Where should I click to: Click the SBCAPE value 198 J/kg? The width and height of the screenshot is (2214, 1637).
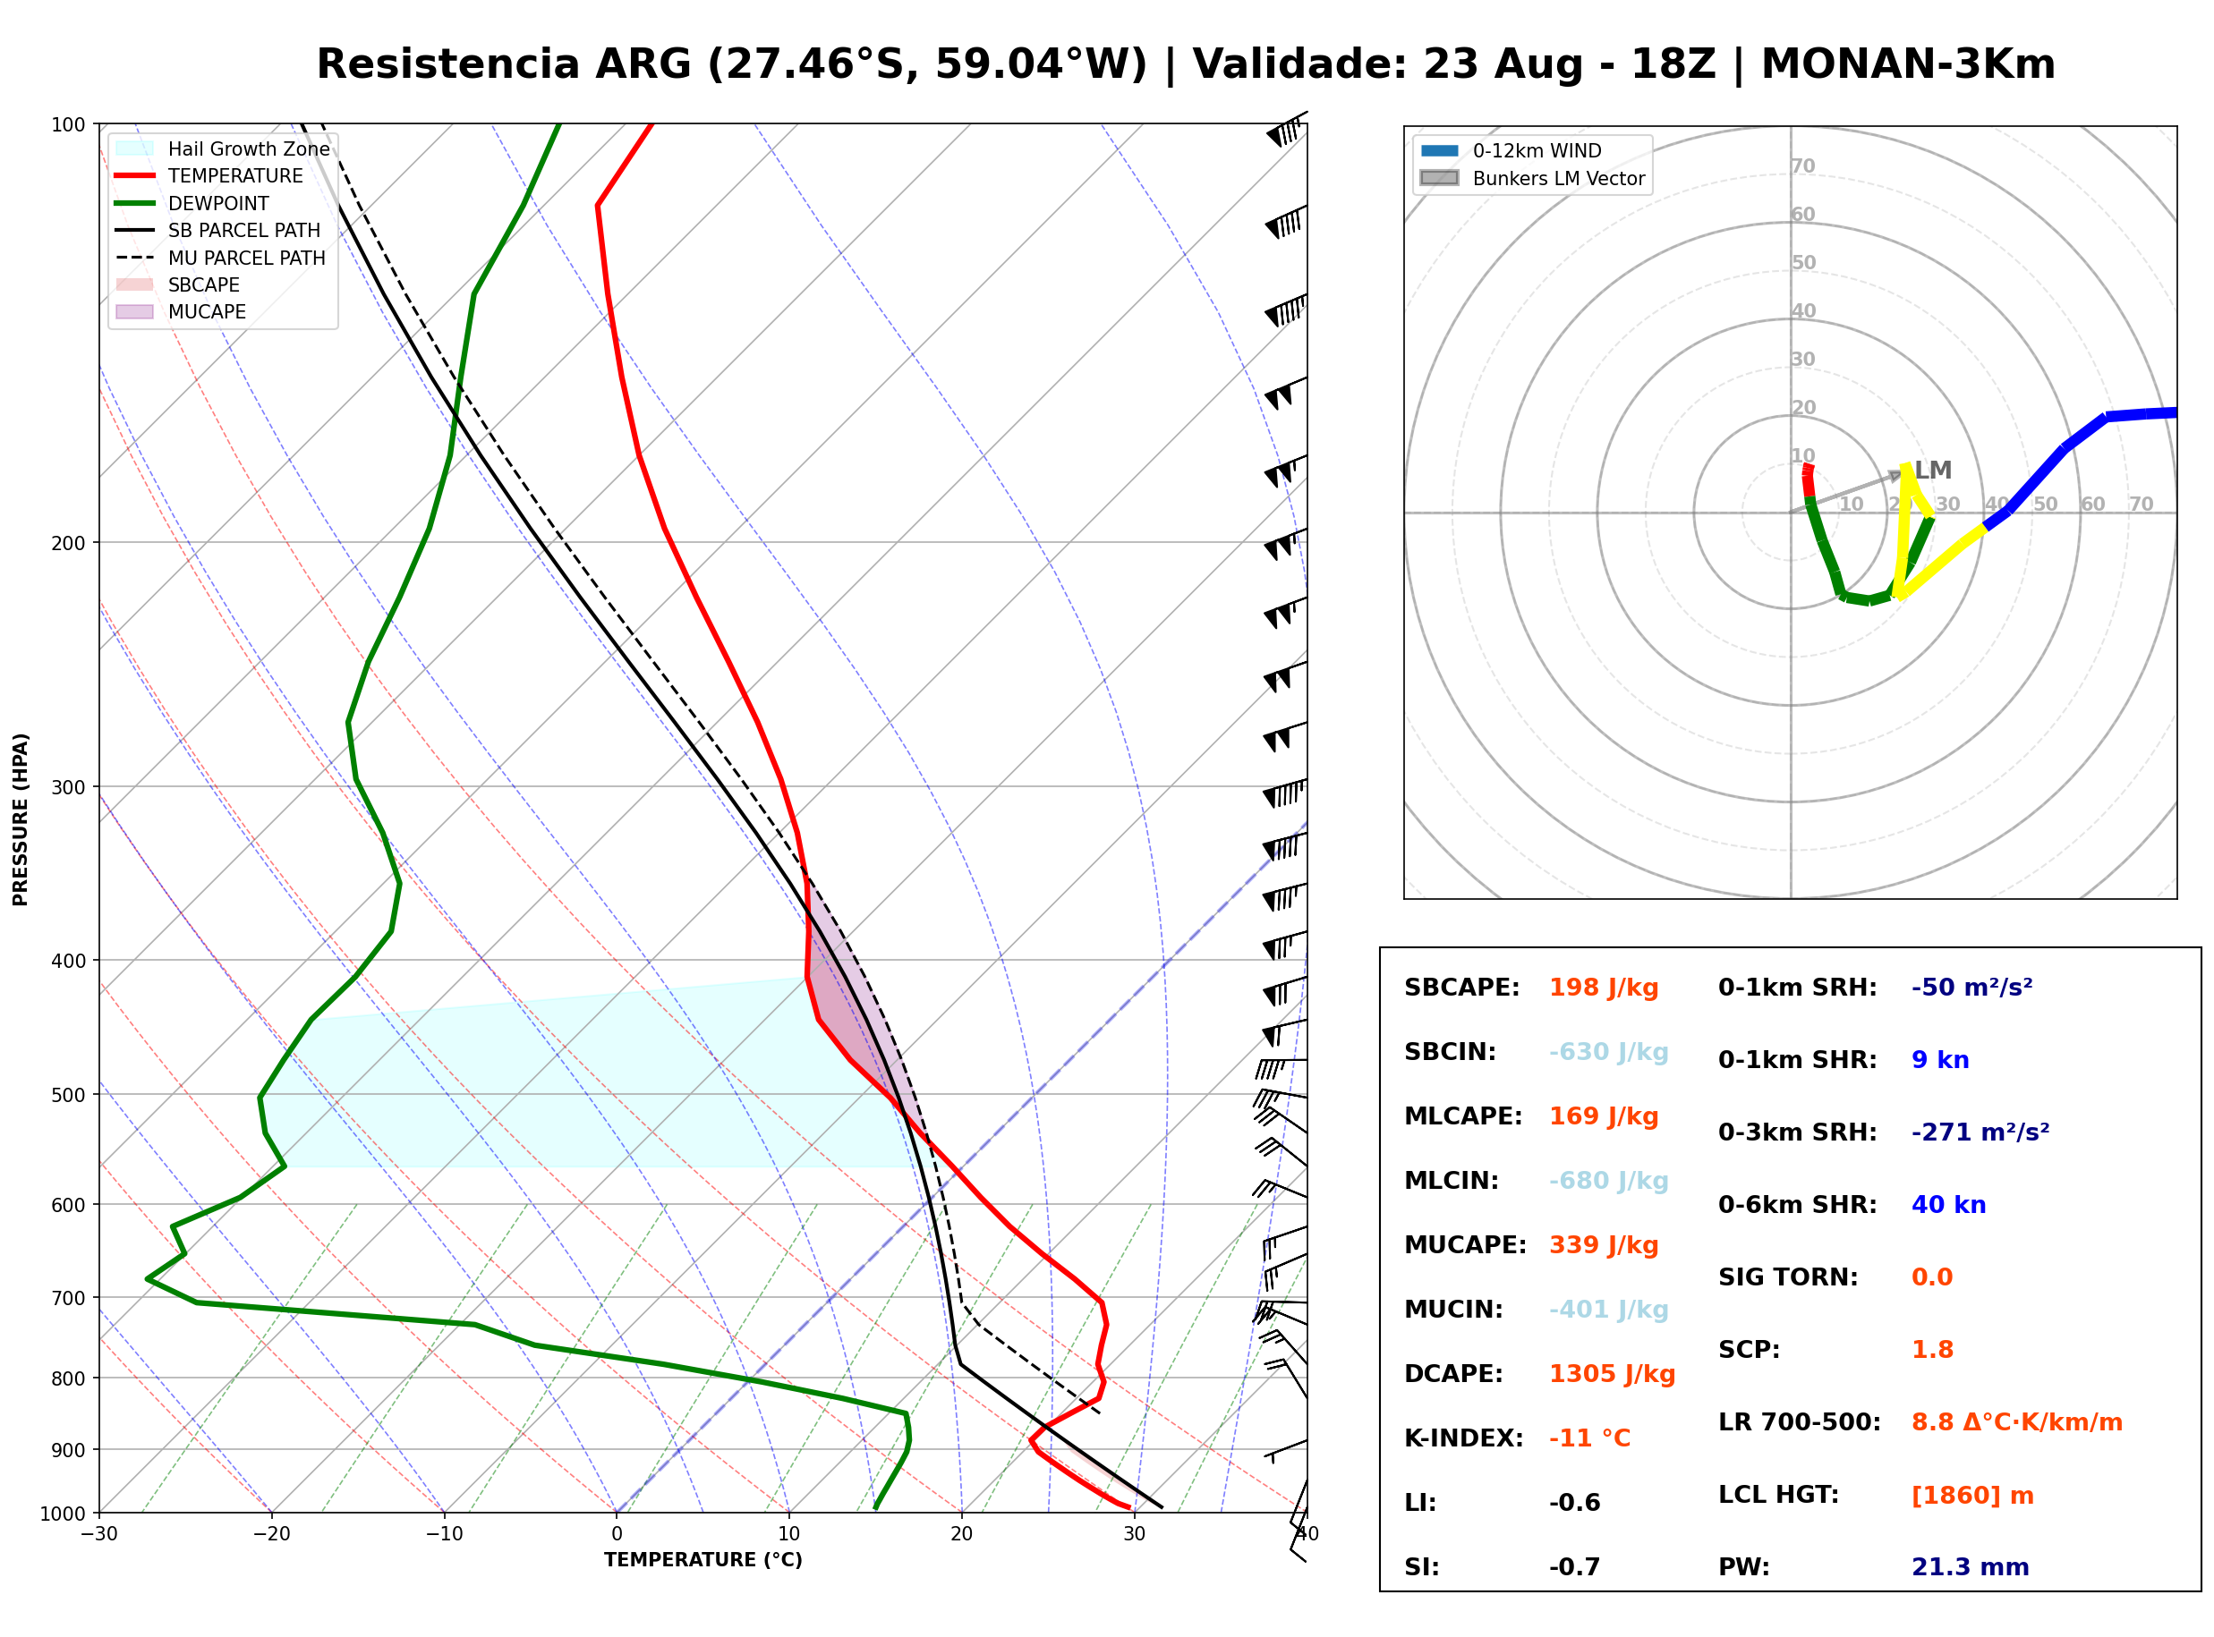point(1604,988)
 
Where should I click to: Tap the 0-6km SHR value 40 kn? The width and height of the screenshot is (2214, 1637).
point(1948,1205)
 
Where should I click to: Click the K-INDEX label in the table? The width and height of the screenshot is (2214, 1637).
point(1464,1438)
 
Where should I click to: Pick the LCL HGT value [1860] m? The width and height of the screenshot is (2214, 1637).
point(1972,1497)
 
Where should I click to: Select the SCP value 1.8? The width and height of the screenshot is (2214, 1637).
point(1932,1350)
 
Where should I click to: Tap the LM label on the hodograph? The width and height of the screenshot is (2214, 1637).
point(1932,471)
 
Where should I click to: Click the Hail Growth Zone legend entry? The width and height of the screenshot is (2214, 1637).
point(223,148)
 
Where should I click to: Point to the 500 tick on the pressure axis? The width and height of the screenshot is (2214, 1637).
point(68,1095)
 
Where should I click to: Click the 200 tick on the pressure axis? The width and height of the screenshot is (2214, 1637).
point(68,543)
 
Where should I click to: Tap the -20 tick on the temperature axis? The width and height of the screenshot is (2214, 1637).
point(270,1534)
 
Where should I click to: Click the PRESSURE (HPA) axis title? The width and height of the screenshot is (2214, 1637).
point(21,819)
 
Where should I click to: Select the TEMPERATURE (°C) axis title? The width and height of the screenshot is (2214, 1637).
point(703,1560)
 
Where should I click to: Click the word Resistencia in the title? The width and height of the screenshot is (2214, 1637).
point(449,64)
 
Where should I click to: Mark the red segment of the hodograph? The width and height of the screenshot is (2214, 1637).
point(1809,480)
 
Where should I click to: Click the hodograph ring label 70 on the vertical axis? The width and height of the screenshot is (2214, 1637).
point(1802,166)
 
